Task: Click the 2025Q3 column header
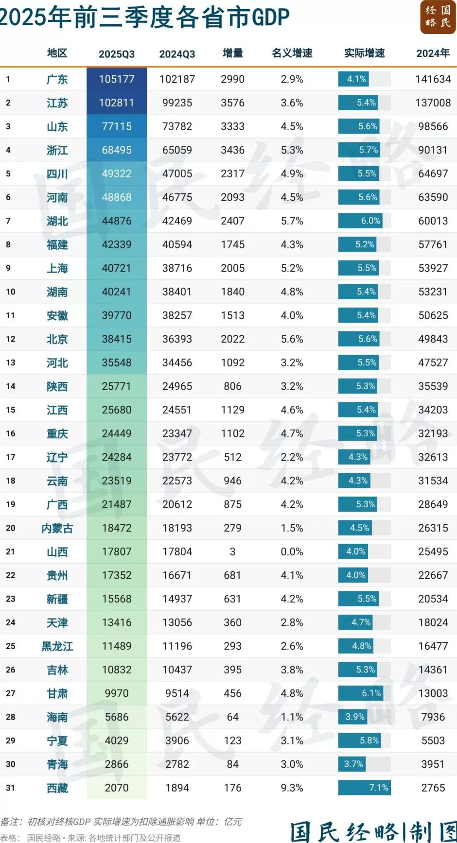pyautogui.click(x=117, y=54)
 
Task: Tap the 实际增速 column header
pyautogui.click(x=364, y=53)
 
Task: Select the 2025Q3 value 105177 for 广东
pyautogui.click(x=117, y=79)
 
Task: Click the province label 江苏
pyautogui.click(x=57, y=103)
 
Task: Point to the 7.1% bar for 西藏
pyautogui.click(x=365, y=788)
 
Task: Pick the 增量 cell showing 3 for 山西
pyautogui.click(x=232, y=551)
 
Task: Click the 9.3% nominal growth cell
pyautogui.click(x=292, y=788)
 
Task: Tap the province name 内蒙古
pyautogui.click(x=57, y=528)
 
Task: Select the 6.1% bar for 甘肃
pyautogui.click(x=361, y=693)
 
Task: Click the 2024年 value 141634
pyautogui.click(x=433, y=79)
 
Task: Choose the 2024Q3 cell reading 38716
pyautogui.click(x=177, y=268)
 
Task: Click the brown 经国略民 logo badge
pyautogui.click(x=438, y=17)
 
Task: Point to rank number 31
pyautogui.click(x=10, y=788)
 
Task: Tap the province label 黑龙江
pyautogui.click(x=57, y=646)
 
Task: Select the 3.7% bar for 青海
pyautogui.click(x=352, y=764)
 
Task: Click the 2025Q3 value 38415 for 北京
pyautogui.click(x=117, y=339)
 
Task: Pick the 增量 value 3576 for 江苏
pyautogui.click(x=232, y=103)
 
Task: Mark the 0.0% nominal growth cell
pyautogui.click(x=292, y=551)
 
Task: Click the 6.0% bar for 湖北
pyautogui.click(x=360, y=221)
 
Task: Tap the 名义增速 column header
pyautogui.click(x=292, y=53)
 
